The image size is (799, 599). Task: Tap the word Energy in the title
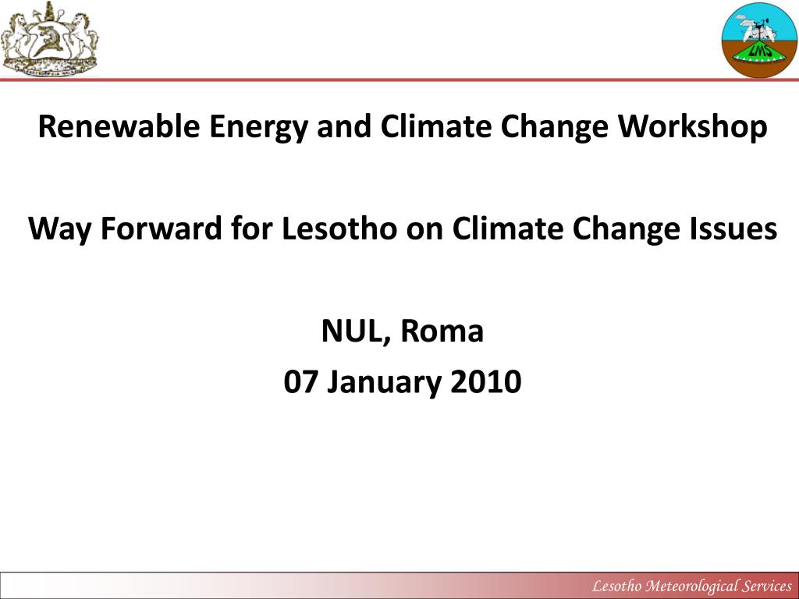point(258,128)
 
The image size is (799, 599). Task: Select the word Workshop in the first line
point(693,128)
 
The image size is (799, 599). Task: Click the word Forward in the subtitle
point(161,228)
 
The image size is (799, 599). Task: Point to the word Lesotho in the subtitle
point(339,228)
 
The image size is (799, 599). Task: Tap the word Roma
point(442,331)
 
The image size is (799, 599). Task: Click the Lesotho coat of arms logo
point(49,40)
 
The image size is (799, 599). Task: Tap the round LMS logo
point(759,41)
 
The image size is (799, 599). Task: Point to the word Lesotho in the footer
point(616,586)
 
